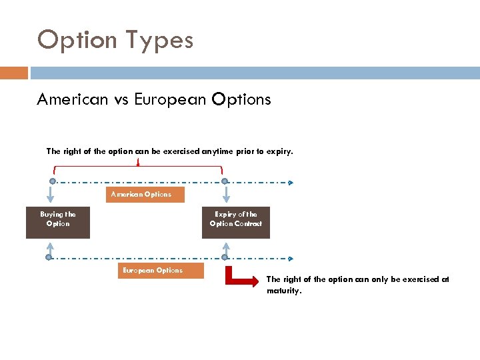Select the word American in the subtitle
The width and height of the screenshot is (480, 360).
coord(72,100)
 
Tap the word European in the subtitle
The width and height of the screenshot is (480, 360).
coord(170,100)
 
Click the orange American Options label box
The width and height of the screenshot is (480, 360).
coord(141,195)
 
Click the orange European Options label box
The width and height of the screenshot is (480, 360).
coord(152,271)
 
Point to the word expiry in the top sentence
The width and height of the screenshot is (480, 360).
coord(277,151)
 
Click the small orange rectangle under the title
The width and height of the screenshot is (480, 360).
coord(14,73)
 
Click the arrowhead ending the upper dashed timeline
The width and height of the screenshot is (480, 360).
coord(290,181)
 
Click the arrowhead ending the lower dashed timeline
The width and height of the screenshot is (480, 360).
coord(290,257)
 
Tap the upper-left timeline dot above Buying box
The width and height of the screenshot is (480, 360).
coord(52,181)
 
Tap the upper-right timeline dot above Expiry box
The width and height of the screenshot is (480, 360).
coord(225,181)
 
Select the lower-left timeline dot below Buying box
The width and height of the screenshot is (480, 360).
coord(49,257)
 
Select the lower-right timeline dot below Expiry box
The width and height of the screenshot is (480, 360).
coord(225,257)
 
